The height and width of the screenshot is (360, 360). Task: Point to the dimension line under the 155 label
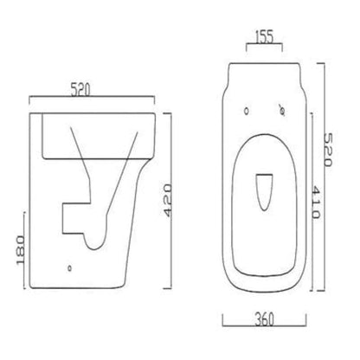263,48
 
